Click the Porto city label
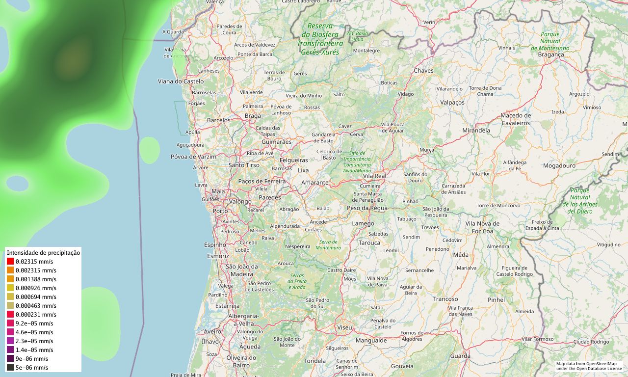(220, 211)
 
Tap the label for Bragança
(551, 54)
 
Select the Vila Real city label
(374, 176)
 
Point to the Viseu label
(344, 327)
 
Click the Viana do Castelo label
(181, 81)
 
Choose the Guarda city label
(460, 356)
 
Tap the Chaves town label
(423, 71)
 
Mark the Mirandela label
(476, 131)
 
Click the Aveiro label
(212, 332)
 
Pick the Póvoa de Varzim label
(193, 157)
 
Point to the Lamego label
(363, 224)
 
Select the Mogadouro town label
(559, 166)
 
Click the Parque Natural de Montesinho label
(550, 41)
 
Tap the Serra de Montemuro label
(329, 244)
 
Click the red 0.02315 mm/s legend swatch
(10, 262)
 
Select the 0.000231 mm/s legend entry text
(36, 315)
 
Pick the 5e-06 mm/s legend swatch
(10, 368)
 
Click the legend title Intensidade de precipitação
(43, 253)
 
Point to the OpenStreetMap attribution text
(589, 366)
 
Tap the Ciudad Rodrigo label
(591, 342)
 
